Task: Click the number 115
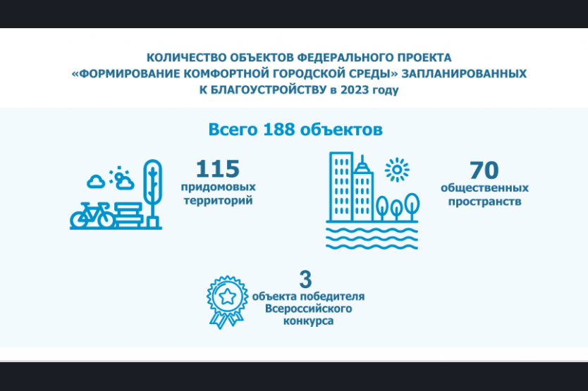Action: [217, 168]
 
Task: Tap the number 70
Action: [484, 170]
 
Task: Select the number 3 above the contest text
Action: [305, 279]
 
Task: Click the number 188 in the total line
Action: [279, 130]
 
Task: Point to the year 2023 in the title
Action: [355, 90]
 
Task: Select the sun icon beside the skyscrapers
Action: [397, 170]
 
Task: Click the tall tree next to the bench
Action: [152, 194]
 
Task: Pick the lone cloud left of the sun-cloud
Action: [96, 182]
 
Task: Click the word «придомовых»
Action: [219, 187]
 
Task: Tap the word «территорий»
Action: [219, 201]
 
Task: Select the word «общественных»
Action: [484, 188]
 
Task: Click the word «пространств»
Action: [484, 201]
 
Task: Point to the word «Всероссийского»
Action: [308, 309]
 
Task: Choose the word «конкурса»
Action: [308, 321]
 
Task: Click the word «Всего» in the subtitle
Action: [233, 130]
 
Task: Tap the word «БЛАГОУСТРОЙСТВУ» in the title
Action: [269, 90]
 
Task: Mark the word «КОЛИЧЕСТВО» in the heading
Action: [186, 58]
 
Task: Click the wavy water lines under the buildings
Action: [372, 237]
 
